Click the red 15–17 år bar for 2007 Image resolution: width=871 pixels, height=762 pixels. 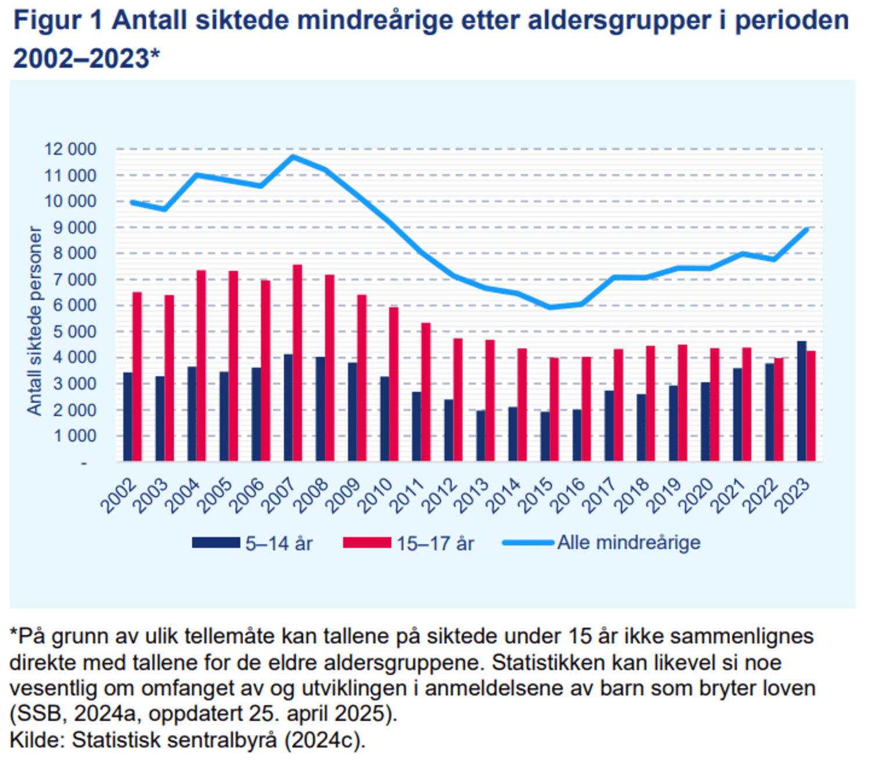(297, 363)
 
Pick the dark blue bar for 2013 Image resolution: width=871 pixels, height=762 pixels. (481, 436)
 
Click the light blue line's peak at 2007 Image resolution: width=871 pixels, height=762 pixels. (293, 156)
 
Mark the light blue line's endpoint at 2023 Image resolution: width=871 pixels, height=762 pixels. (807, 230)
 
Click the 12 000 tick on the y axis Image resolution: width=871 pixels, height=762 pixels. (70, 149)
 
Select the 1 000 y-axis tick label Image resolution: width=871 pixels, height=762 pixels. (74, 436)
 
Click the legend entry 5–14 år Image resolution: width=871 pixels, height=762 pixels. (279, 543)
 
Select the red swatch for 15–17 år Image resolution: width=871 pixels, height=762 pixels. (367, 543)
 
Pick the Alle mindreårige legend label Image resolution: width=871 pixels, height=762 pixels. (629, 543)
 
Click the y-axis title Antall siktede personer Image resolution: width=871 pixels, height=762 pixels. (35, 321)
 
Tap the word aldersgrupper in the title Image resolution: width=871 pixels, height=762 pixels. (619, 21)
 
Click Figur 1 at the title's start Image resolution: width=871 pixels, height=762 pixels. (57, 21)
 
